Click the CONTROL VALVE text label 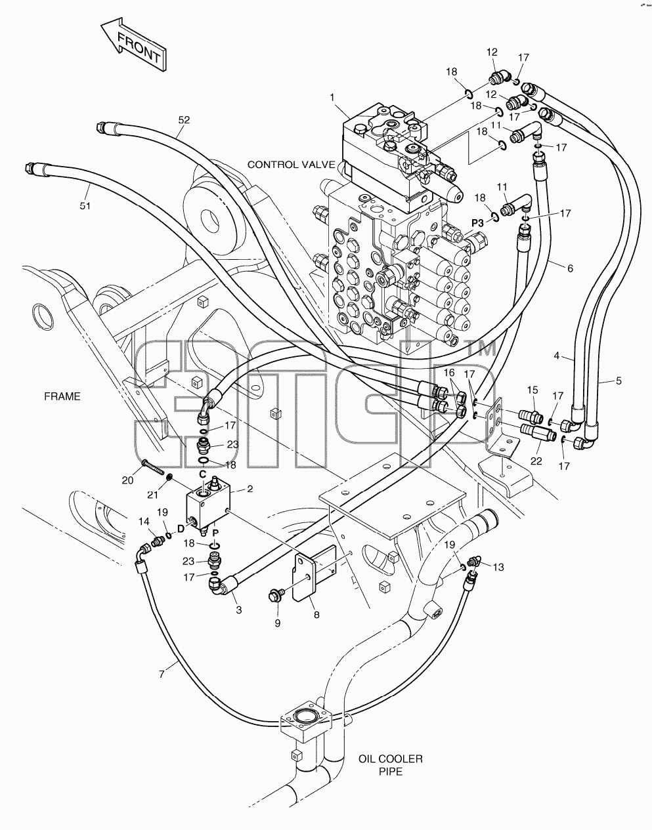click(x=292, y=165)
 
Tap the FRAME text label click(x=62, y=396)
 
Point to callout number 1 click(x=332, y=98)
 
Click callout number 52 click(x=184, y=120)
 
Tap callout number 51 click(x=85, y=206)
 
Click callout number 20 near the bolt click(x=127, y=480)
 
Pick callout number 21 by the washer click(x=152, y=495)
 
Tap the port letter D click(x=181, y=529)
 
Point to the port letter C click(x=203, y=474)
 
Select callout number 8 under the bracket click(x=316, y=615)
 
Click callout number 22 click(x=536, y=461)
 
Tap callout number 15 click(x=532, y=390)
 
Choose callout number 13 click(x=498, y=567)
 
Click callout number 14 click(x=144, y=522)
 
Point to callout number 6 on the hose click(x=570, y=268)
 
